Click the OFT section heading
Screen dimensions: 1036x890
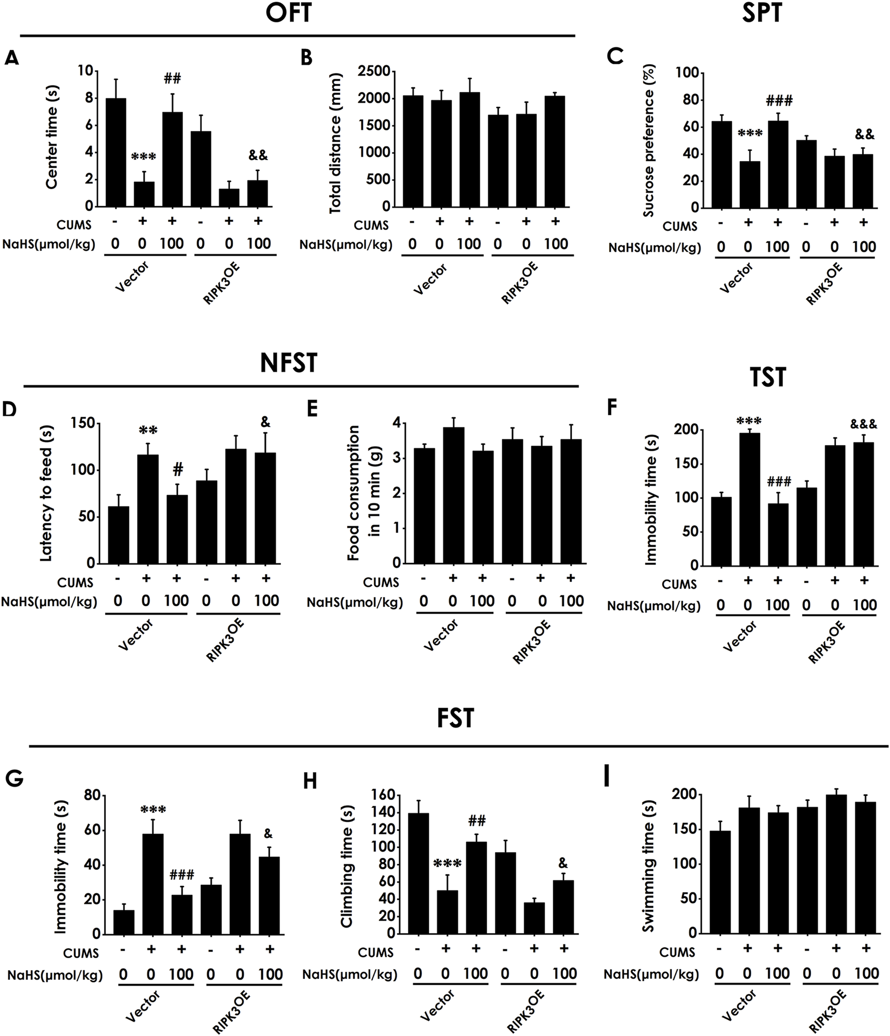coord(288,13)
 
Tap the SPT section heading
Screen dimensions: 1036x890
coord(761,13)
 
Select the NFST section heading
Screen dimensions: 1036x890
coord(288,363)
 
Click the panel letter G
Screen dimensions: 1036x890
coord(14,779)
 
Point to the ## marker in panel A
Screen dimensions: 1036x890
coord(172,78)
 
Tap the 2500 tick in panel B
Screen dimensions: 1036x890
coord(374,71)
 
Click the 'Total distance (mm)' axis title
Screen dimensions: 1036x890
coord(336,143)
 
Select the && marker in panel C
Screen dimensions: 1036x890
coord(864,134)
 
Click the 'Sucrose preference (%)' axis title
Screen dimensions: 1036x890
coord(648,141)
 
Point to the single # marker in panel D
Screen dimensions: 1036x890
coord(178,469)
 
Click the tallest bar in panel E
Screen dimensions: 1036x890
coord(454,495)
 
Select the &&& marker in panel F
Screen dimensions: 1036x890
coord(863,424)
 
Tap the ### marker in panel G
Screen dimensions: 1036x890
coord(181,875)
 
